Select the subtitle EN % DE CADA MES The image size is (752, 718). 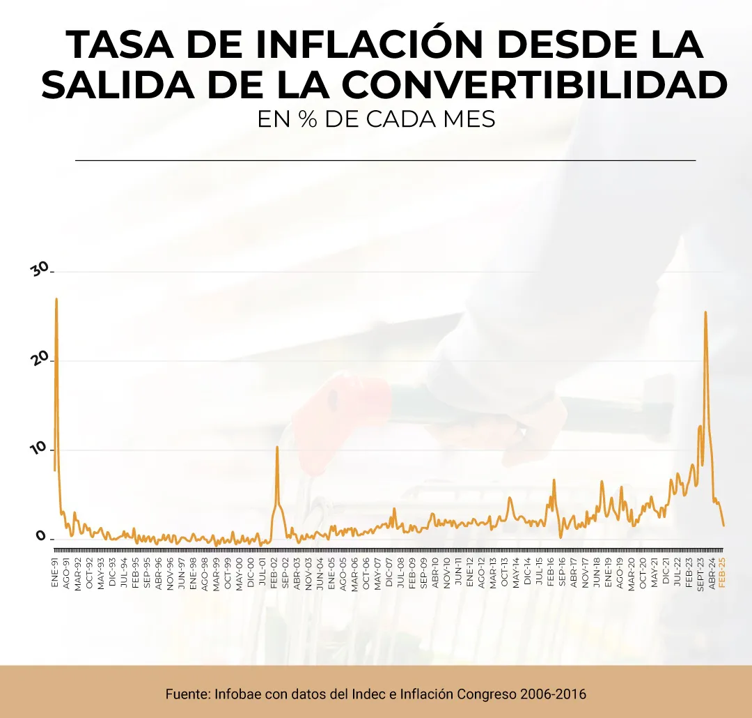[x=376, y=119]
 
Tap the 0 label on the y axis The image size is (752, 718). [x=41, y=537]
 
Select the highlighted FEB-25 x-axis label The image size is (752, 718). [x=722, y=574]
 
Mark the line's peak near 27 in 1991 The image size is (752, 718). [x=56, y=299]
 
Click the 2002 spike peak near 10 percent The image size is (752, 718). [x=277, y=447]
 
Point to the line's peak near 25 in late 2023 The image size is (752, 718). [x=705, y=312]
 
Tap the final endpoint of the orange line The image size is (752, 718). [x=723, y=525]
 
